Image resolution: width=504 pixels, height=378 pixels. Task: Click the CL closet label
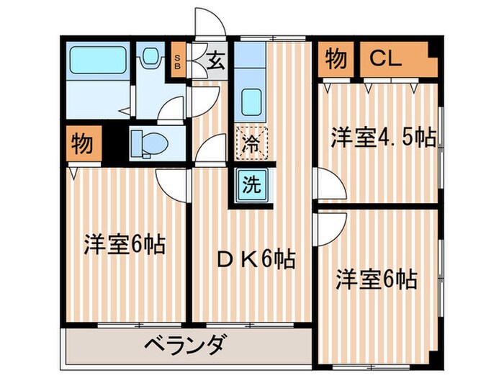[x=386, y=58]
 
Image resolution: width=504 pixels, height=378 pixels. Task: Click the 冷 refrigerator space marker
[x=250, y=143]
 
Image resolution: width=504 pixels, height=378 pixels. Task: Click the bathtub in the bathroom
[x=98, y=57]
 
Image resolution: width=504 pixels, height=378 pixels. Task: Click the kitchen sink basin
[x=250, y=99]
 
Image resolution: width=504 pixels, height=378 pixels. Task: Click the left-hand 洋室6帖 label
[x=124, y=245]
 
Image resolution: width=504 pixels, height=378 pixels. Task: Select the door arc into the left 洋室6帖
[x=171, y=185]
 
